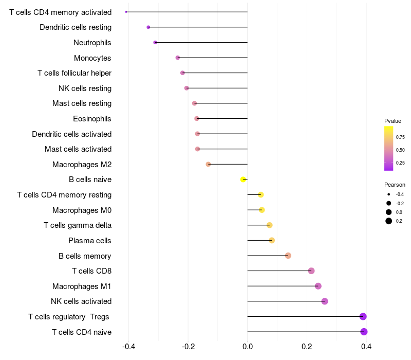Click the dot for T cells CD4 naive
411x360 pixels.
[x=364, y=332]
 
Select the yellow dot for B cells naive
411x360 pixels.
[x=243, y=179]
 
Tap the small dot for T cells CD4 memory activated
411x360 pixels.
[x=126, y=12]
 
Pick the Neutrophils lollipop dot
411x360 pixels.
[x=155, y=43]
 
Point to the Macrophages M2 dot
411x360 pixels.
[x=208, y=164]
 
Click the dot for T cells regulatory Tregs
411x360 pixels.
[x=363, y=316]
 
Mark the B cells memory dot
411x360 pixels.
[x=288, y=256]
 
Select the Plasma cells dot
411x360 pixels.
[x=272, y=240]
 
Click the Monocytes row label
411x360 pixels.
[x=92, y=58]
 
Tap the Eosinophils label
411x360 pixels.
[x=92, y=119]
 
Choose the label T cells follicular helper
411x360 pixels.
[x=74, y=73]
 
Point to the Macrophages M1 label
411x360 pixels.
[x=82, y=286]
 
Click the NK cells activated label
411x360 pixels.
[x=81, y=301]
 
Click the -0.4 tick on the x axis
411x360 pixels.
[x=129, y=347]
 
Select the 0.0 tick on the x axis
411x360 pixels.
[x=248, y=347]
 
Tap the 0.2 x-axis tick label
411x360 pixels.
[x=307, y=347]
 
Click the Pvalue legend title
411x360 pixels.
[x=393, y=121]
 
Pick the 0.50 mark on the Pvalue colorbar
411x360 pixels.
[x=400, y=150]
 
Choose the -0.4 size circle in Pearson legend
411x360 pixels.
[x=389, y=194]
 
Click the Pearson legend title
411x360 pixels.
[x=395, y=185]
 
